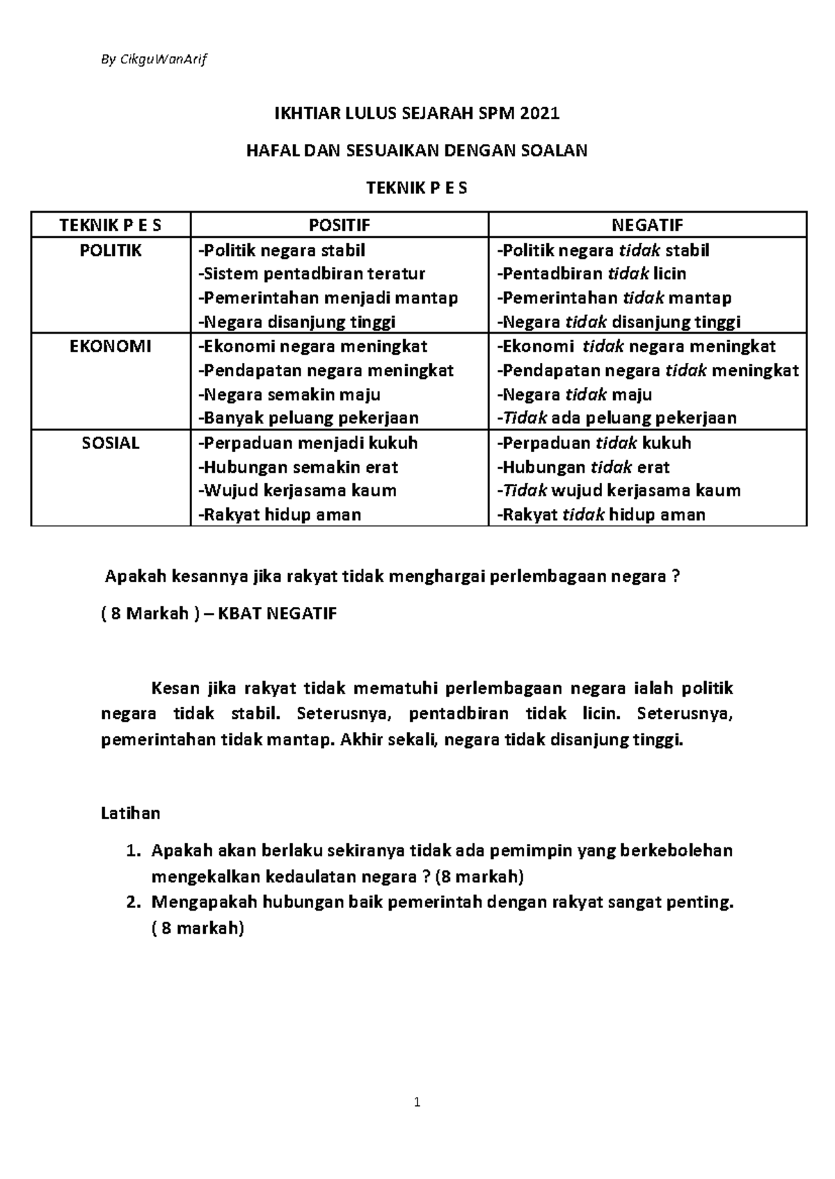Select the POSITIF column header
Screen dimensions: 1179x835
point(340,225)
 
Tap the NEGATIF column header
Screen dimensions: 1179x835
point(647,225)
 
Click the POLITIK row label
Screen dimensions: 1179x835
point(111,250)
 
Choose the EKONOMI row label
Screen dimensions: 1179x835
point(111,346)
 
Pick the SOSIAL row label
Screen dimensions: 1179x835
point(111,443)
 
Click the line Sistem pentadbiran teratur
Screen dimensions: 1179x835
point(312,274)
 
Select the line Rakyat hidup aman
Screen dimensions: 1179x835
point(280,514)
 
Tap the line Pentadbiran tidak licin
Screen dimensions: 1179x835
point(591,274)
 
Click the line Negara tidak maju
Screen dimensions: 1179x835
point(574,395)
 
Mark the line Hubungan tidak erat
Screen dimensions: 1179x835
point(583,467)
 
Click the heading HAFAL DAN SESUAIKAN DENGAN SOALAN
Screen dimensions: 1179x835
point(417,150)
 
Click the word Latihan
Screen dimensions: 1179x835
point(131,813)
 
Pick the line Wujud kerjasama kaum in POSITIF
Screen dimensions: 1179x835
point(297,491)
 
